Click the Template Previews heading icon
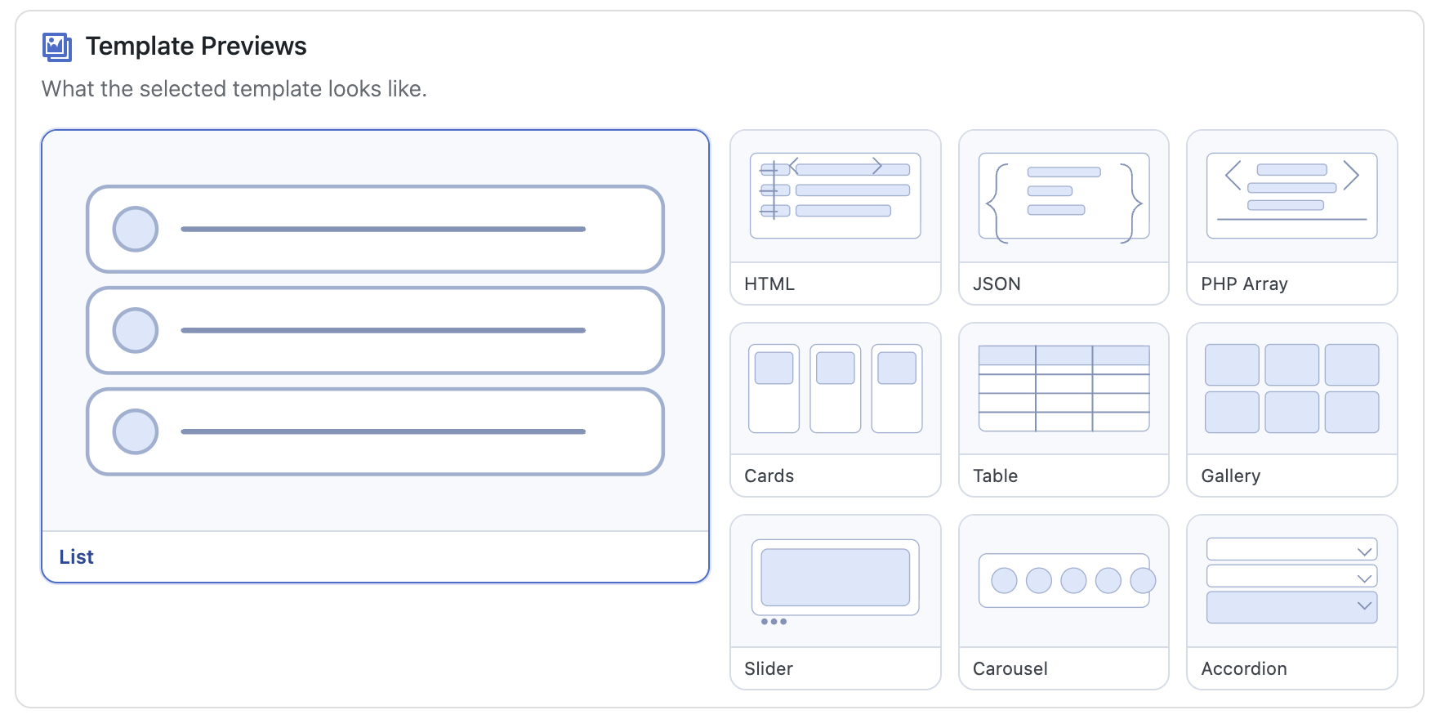pos(57,47)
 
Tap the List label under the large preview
pos(77,557)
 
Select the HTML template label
pos(769,284)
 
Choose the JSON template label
pos(997,284)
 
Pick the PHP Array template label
pos(1244,284)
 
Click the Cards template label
pos(769,476)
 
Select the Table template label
pos(995,476)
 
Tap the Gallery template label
pos(1231,476)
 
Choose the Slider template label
pos(769,669)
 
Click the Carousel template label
pos(1010,669)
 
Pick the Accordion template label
pos(1244,669)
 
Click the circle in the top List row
pos(136,229)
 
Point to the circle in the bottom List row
pos(136,431)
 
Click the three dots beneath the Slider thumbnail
pos(774,622)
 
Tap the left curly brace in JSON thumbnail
pos(993,203)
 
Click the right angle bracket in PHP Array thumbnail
pos(1351,175)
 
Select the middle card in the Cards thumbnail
pos(836,389)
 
